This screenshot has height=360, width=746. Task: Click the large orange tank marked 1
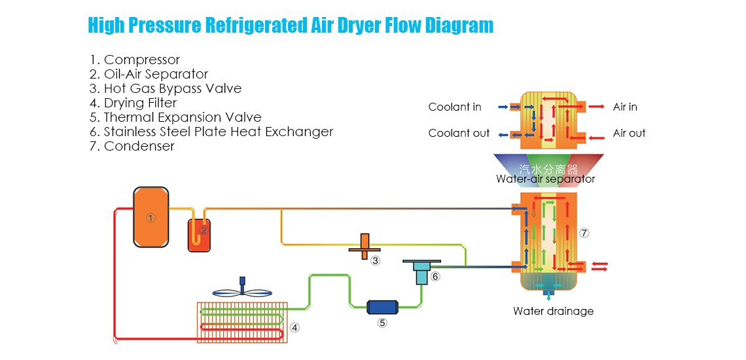pos(151,217)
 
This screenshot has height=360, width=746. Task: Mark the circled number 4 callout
pos(295,327)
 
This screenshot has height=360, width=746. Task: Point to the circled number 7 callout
pos(584,232)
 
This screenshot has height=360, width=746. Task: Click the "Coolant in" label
pos(455,107)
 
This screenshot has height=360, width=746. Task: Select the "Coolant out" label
pos(459,133)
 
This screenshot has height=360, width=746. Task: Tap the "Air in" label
pos(625,107)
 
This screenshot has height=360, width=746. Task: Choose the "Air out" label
pos(629,133)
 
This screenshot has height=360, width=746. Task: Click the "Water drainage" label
pos(553,311)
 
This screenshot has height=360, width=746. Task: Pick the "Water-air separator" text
pos(546,179)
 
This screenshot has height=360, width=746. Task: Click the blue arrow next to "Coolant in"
pos(503,106)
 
